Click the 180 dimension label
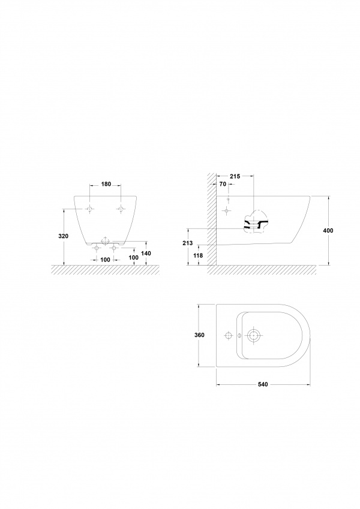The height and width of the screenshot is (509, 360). click(x=106, y=184)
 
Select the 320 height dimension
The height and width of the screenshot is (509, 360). click(x=64, y=236)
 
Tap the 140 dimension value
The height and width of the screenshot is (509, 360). click(x=146, y=253)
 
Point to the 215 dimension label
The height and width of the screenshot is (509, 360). click(x=235, y=176)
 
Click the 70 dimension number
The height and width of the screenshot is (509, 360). click(x=223, y=184)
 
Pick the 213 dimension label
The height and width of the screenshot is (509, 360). click(x=187, y=243)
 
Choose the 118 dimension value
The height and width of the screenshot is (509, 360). click(x=198, y=255)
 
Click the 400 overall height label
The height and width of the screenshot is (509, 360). click(x=328, y=231)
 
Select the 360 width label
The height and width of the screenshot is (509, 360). click(x=199, y=335)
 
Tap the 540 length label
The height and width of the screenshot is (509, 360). click(x=263, y=384)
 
